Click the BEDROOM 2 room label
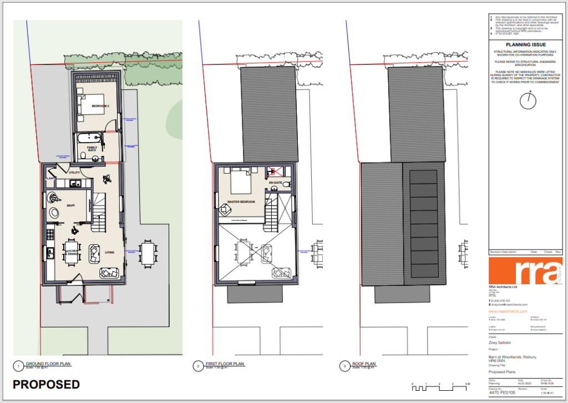click(100, 105)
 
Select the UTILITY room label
click(75, 173)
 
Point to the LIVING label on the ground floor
click(110, 253)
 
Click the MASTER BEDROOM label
click(241, 201)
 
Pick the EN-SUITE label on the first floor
click(276, 183)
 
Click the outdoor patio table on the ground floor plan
click(147, 254)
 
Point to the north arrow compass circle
click(528, 100)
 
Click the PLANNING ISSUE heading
click(526, 44)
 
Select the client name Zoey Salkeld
click(500, 343)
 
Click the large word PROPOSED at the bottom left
click(46, 385)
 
